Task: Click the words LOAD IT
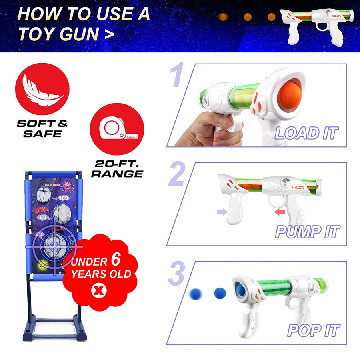click(306, 133)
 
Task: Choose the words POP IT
click(314, 330)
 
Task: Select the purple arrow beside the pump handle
click(221, 212)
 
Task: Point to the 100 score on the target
click(64, 198)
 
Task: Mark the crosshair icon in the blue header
click(181, 18)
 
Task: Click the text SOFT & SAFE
click(42, 128)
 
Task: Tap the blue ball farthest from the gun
click(196, 294)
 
